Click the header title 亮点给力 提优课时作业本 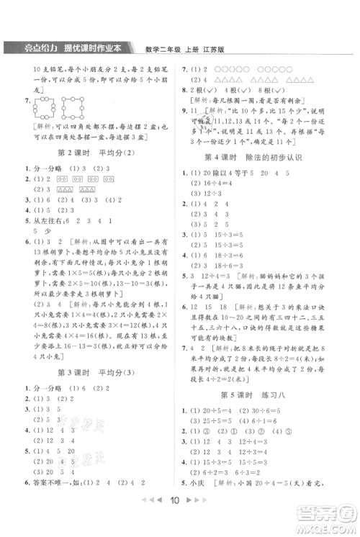(x=68, y=48)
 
